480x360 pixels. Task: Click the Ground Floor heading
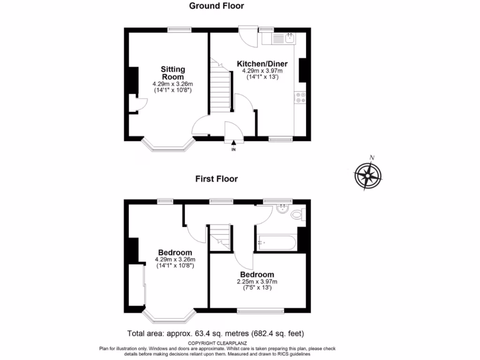[217, 6]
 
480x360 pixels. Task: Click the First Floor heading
[217, 179]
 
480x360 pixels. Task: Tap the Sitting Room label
[172, 73]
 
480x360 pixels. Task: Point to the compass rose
[368, 175]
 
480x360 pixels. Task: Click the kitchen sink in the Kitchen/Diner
[290, 37]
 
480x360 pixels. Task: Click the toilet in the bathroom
[297, 215]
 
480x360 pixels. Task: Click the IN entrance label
[233, 150]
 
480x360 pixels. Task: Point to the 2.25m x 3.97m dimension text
[257, 282]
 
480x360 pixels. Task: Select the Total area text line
[216, 334]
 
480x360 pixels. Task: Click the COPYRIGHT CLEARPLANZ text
[216, 343]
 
